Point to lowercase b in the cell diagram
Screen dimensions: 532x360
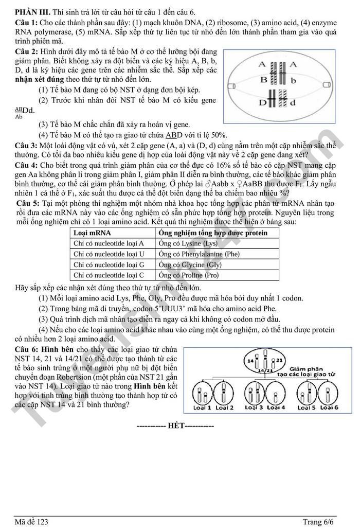(294, 81)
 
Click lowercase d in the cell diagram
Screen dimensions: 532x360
(294, 102)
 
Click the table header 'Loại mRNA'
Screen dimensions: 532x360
(92, 233)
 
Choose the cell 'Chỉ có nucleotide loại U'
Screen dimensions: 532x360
(109, 254)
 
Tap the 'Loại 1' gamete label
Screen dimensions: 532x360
(202, 407)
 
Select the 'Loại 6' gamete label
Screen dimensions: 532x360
(329, 407)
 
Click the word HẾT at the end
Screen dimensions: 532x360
(175, 426)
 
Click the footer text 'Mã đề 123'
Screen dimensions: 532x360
(31, 522)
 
